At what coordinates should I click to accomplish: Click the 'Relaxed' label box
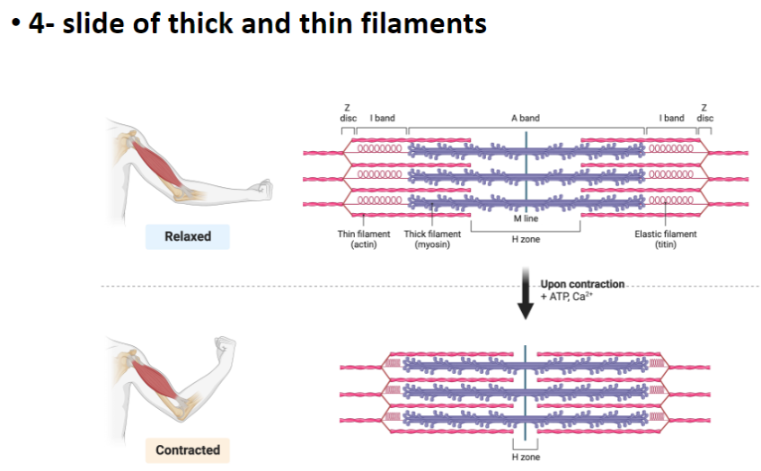[x=187, y=236]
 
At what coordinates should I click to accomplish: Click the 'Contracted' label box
[x=187, y=449]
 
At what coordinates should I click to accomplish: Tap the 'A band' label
[x=526, y=119]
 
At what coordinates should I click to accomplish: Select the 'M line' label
[x=525, y=218]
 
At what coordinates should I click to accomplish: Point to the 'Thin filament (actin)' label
[x=364, y=239]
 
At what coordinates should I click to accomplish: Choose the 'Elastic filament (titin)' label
[x=665, y=239]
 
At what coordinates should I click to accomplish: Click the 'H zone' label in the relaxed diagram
[x=526, y=239]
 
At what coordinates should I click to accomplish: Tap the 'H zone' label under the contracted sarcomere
[x=526, y=458]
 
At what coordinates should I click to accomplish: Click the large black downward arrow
[x=527, y=301]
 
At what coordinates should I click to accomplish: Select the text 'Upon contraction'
[x=581, y=284]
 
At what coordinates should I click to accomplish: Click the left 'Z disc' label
[x=348, y=114]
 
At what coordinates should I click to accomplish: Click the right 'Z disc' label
[x=704, y=114]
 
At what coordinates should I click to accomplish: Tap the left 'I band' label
[x=381, y=119]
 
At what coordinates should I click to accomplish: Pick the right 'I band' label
[x=671, y=119]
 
